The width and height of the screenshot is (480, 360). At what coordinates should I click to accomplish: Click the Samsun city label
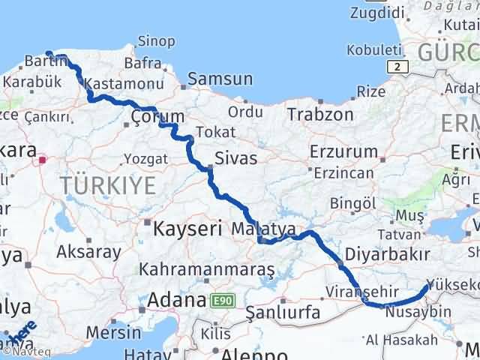pos(220,79)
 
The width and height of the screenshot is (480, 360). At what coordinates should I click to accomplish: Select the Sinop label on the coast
pos(157,41)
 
